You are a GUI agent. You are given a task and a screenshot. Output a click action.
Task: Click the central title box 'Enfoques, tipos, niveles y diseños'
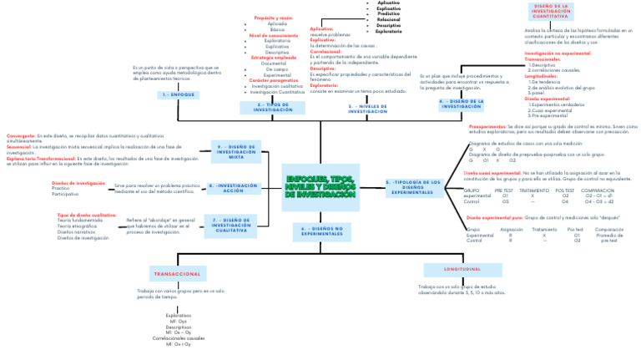pos(320,187)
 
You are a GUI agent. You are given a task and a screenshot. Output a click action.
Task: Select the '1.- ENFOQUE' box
pos(177,95)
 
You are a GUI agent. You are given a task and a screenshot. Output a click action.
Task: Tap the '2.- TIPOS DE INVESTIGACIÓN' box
pos(273,108)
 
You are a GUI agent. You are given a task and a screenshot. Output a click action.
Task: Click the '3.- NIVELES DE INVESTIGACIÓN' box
pos(368,108)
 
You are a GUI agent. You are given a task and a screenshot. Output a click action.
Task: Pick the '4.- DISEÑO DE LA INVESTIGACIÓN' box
pos(462,104)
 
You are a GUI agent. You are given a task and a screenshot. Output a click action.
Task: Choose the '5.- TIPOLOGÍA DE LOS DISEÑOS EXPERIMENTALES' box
pos(415,187)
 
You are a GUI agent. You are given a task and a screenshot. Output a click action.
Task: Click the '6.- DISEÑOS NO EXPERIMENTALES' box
pos(321,230)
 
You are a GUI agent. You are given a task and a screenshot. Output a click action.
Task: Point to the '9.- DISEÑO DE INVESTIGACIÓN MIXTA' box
pos(236,152)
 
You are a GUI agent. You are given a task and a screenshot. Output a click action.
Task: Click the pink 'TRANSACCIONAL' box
pos(176,274)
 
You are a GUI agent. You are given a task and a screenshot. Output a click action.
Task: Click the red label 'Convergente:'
pos(21,134)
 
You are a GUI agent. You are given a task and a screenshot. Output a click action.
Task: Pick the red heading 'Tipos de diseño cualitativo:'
pos(81,215)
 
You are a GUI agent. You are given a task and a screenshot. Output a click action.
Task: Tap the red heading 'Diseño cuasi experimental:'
pos(492,173)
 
